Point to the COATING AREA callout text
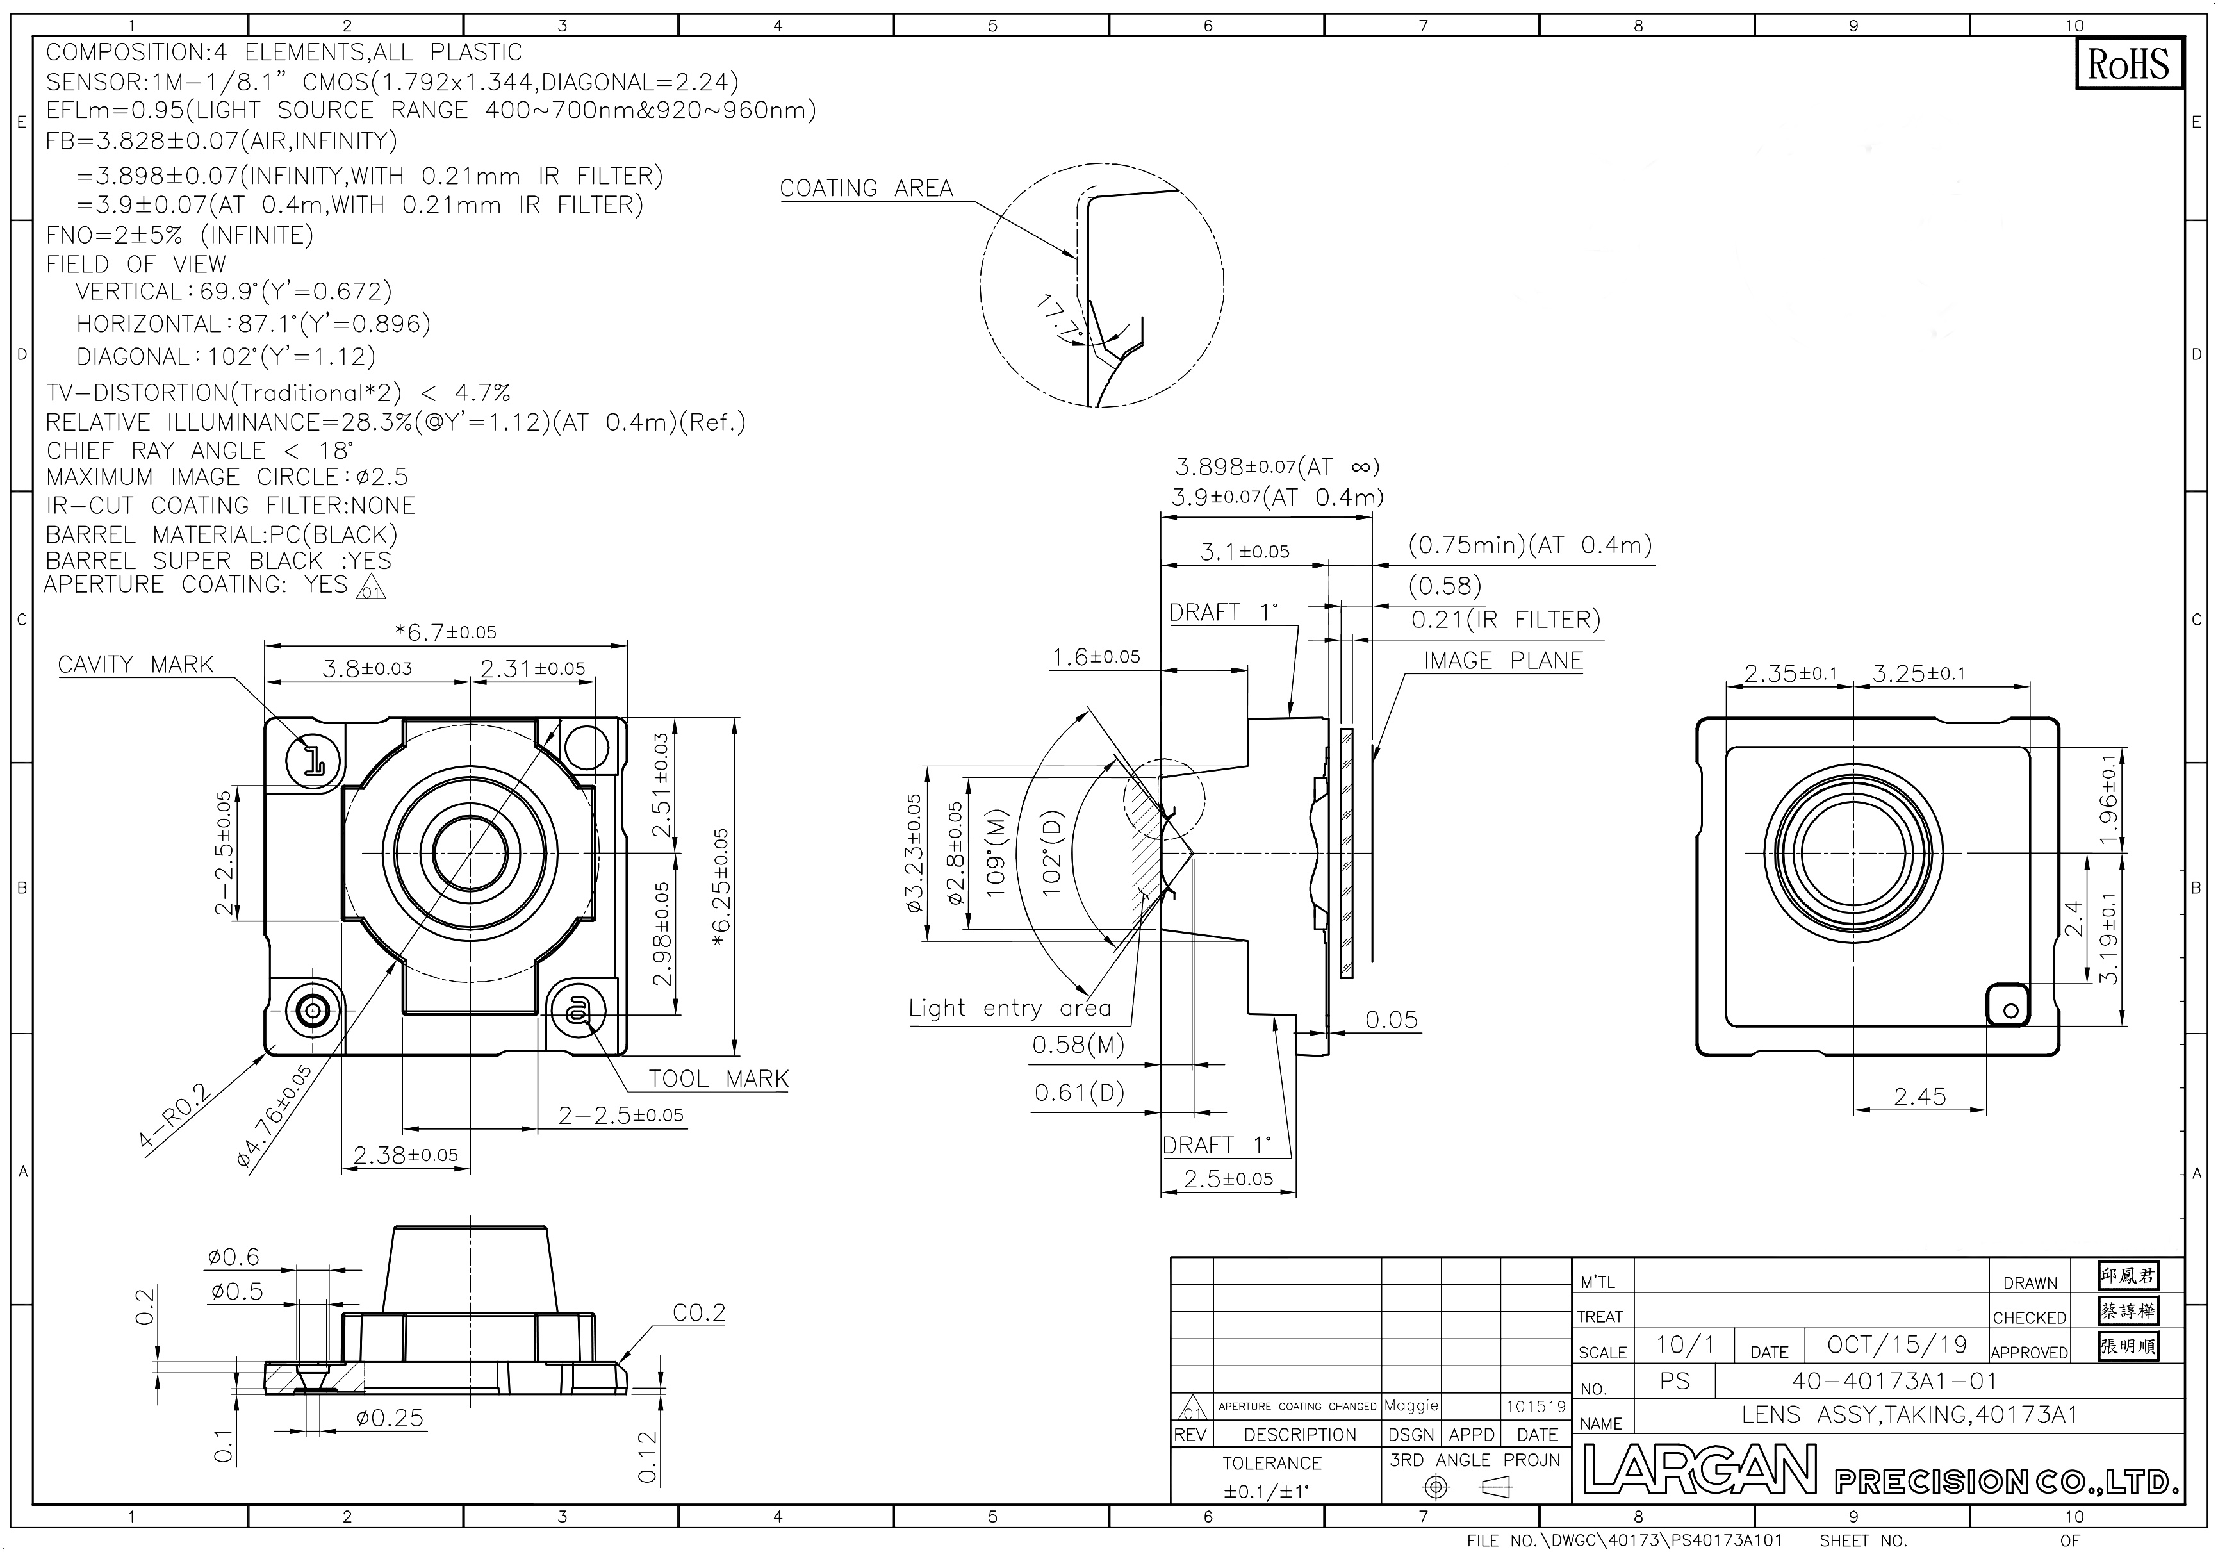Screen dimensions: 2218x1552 click(867, 188)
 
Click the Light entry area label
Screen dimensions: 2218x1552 click(1010, 1009)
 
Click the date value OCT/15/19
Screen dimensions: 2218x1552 click(1897, 1344)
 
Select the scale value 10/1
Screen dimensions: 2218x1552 click(1686, 1344)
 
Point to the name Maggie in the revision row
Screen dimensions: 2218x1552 click(1411, 1405)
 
